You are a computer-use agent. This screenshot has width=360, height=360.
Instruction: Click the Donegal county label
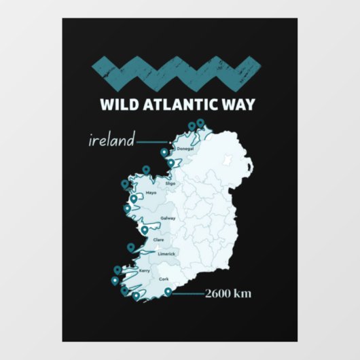185,148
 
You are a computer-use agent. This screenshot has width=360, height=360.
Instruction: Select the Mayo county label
151,193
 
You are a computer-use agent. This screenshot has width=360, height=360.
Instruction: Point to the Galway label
168,219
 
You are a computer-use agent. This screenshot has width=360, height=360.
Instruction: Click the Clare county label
159,240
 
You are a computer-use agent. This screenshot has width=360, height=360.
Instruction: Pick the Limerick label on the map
166,254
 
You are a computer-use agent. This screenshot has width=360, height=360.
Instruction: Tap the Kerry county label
144,271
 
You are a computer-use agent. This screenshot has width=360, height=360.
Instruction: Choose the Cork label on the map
164,279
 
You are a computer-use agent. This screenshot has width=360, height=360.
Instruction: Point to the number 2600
219,294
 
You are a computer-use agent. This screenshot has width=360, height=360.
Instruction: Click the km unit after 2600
242,294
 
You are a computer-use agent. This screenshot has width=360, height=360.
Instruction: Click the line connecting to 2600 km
188,294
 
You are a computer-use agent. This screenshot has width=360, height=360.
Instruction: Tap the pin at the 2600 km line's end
168,293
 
